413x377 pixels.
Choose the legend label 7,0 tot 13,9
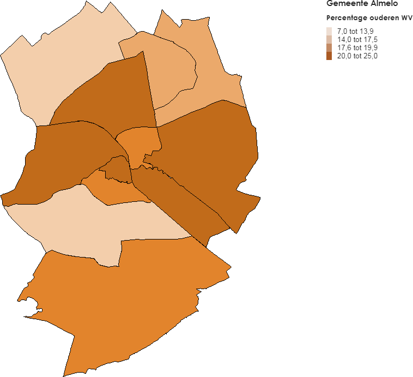point(355,31)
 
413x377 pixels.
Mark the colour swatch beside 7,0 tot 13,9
point(329,31)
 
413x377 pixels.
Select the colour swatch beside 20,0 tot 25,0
point(329,56)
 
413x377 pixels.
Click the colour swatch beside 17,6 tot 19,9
point(329,47)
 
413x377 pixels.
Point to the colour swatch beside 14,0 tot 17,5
point(329,39)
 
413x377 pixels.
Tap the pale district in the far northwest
point(65,65)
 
